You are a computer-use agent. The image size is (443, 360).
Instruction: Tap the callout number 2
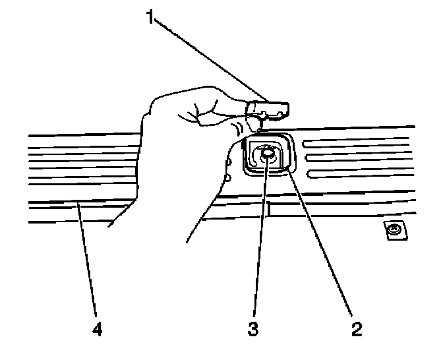point(356,328)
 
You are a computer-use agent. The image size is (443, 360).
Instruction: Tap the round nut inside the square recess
point(267,155)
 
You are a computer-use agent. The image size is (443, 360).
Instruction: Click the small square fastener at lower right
point(394,229)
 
